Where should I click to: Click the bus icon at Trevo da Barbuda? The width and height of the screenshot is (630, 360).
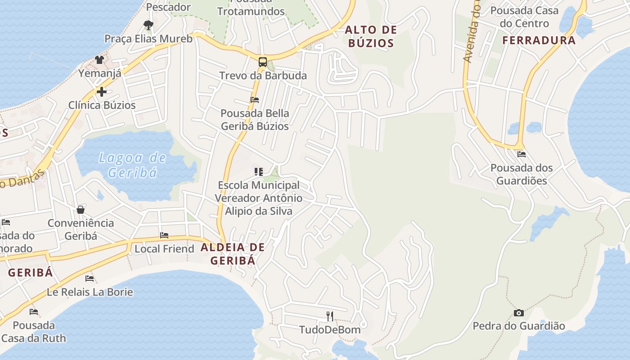click(x=263, y=62)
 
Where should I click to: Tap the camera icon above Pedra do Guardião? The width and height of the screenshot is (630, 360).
click(x=519, y=313)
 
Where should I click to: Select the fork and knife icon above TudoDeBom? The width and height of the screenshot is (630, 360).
click(x=330, y=316)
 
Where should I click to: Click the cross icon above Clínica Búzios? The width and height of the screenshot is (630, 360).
click(x=102, y=92)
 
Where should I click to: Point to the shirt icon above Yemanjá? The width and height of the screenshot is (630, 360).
click(x=99, y=59)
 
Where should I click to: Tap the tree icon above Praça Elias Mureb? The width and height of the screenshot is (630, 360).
click(x=148, y=25)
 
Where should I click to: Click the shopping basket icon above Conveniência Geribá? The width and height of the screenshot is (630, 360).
click(x=81, y=210)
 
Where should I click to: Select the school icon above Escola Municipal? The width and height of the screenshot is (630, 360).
click(x=258, y=171)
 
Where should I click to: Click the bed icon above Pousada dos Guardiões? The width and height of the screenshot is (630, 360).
click(x=522, y=154)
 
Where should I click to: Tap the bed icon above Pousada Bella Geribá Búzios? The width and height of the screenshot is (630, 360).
click(x=255, y=100)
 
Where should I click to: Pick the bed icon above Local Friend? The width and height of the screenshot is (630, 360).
click(x=164, y=235)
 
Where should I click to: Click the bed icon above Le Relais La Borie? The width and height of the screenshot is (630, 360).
click(x=90, y=279)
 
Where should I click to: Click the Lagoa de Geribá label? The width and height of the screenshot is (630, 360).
click(x=132, y=165)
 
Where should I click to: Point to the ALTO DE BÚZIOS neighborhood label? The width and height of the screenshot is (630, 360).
click(x=371, y=36)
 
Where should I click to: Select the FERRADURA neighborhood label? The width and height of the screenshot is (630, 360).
click(x=539, y=40)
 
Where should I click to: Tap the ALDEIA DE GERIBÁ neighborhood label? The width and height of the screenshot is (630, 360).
click(x=233, y=253)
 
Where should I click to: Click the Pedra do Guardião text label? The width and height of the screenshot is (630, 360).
click(x=519, y=326)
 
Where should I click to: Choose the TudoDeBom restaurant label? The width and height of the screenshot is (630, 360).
click(x=330, y=330)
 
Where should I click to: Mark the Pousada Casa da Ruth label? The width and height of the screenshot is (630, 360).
click(x=34, y=332)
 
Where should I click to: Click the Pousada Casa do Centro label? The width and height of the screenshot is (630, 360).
click(x=524, y=17)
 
